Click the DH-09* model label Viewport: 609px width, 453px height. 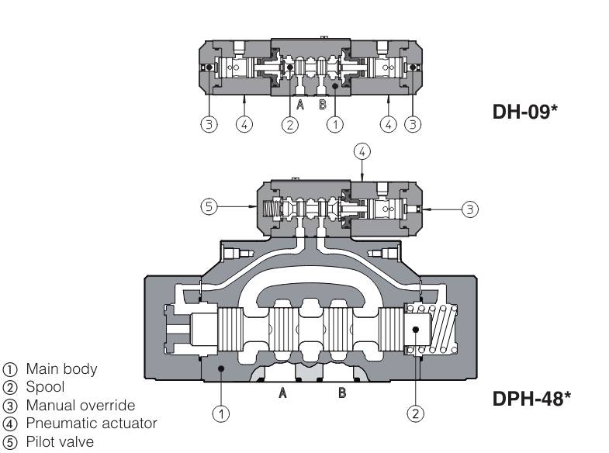point(525,112)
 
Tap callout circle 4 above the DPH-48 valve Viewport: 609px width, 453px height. point(362,150)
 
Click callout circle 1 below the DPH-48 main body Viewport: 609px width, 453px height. point(221,413)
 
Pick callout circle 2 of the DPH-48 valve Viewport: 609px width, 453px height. point(417,413)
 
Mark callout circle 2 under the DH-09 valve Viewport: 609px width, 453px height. point(289,123)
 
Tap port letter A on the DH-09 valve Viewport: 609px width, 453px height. point(299,105)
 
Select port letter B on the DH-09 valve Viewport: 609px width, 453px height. point(322,105)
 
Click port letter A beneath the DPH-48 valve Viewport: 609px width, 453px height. point(284,393)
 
